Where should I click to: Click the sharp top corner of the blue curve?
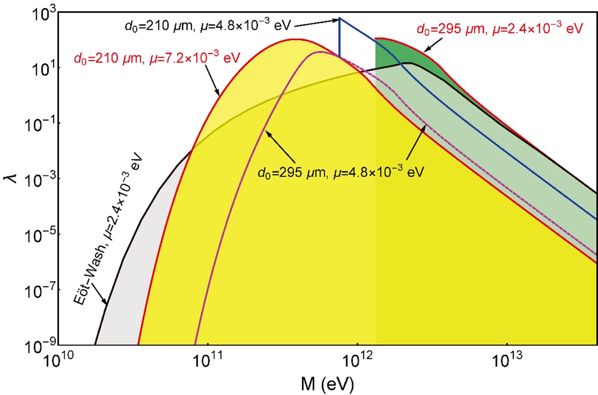click(x=340, y=18)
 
